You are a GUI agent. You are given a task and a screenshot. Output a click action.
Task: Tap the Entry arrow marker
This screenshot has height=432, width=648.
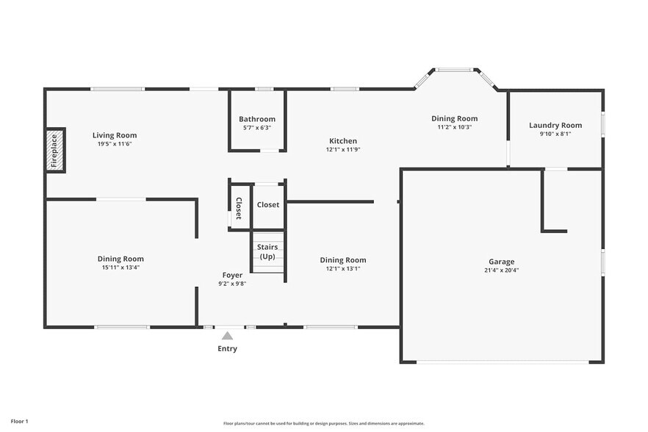point(227,336)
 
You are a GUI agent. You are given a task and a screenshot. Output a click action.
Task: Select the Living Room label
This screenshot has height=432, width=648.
point(115,135)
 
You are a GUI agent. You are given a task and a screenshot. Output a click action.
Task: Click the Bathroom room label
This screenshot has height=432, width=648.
point(257,119)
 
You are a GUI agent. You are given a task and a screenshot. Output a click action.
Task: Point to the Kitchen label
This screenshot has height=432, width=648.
point(343,141)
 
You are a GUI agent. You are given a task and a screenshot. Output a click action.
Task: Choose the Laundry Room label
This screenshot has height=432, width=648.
point(555,125)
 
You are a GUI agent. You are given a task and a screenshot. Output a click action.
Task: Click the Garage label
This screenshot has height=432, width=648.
point(502,262)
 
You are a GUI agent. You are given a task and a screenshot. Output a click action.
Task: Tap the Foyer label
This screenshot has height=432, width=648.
point(232,276)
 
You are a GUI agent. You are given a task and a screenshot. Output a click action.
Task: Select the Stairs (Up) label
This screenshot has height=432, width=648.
point(267,251)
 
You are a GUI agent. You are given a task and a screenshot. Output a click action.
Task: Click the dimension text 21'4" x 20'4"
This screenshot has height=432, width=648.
point(502,270)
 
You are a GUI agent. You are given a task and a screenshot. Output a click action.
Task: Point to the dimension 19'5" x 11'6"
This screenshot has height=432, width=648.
point(115,144)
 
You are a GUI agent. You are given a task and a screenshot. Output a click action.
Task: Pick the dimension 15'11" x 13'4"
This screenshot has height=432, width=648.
point(120,267)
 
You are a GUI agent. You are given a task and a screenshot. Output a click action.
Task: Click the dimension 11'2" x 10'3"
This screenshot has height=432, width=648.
point(454,127)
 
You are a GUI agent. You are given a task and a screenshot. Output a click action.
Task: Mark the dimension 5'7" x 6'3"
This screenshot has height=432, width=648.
point(257,128)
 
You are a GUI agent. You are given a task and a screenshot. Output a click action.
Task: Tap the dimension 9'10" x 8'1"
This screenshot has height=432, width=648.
point(555,134)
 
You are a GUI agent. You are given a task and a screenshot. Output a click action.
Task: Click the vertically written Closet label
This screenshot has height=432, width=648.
point(239,208)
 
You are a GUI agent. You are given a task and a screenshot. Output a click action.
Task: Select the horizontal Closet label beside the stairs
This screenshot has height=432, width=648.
point(268,204)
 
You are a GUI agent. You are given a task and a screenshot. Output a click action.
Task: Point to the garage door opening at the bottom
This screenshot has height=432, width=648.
point(503,361)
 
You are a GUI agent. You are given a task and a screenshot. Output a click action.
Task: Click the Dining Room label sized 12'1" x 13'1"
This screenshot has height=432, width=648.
point(343,260)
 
